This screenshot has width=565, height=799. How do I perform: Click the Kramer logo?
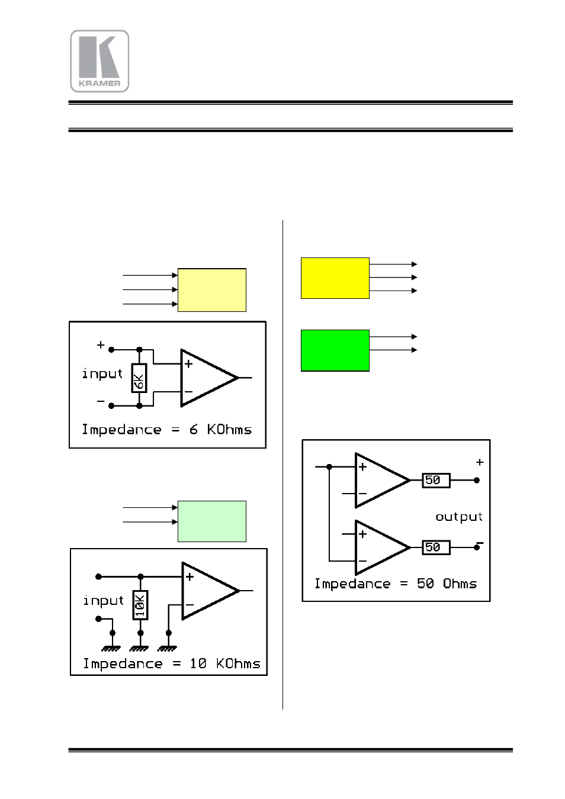(x=99, y=61)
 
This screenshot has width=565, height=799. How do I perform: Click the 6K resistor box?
(x=139, y=378)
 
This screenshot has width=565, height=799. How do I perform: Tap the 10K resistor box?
(x=140, y=605)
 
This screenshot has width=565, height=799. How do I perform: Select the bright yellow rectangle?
(x=335, y=278)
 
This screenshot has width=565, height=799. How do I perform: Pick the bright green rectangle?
(x=335, y=350)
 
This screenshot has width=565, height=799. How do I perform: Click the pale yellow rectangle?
(x=212, y=290)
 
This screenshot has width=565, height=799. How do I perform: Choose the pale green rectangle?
(x=212, y=521)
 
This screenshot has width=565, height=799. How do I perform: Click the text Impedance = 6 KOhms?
(x=166, y=430)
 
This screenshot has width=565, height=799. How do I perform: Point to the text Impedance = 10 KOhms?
(x=171, y=664)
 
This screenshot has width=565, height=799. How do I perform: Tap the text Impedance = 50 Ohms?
(x=395, y=584)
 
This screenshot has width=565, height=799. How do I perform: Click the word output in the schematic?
(x=458, y=517)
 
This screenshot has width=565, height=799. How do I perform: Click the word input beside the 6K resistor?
(x=102, y=374)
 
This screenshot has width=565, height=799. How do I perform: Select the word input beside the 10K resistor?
(x=104, y=601)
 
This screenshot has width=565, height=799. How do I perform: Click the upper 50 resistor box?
(x=435, y=480)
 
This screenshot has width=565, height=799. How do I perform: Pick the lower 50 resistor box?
(x=435, y=547)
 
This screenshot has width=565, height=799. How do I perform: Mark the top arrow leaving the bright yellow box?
(x=393, y=264)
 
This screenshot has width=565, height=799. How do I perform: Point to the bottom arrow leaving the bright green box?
(x=393, y=350)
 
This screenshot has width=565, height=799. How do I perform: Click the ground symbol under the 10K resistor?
(x=140, y=648)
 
